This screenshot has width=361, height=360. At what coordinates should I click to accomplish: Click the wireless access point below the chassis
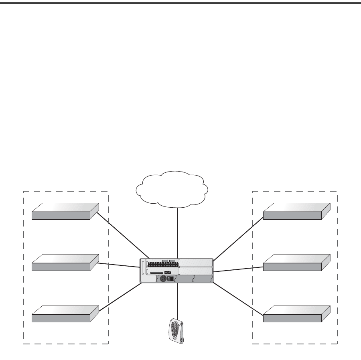(x=176, y=330)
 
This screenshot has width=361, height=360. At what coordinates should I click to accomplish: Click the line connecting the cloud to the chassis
(x=177, y=233)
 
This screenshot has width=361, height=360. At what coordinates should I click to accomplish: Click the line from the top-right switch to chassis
(x=239, y=239)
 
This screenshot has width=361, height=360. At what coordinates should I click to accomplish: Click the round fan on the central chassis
(x=163, y=279)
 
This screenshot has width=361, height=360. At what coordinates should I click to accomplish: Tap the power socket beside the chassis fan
(x=170, y=279)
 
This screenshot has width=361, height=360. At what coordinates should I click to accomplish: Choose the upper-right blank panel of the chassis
(x=196, y=263)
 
